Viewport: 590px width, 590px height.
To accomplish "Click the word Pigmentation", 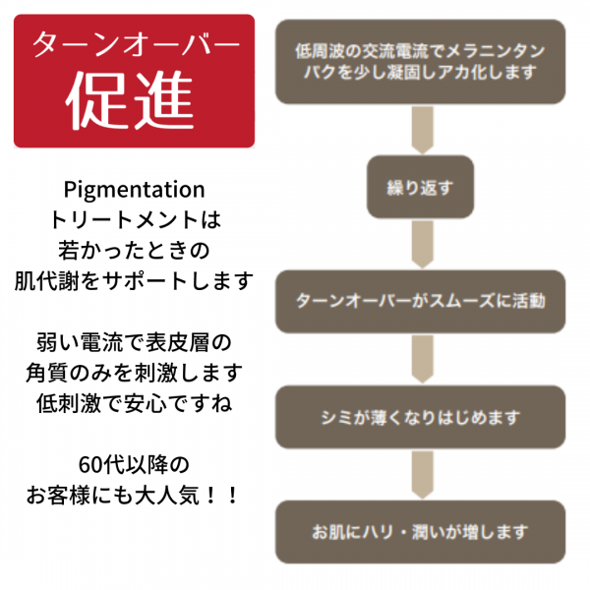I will pos(133,189).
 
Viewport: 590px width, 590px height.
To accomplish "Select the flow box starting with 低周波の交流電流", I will pos(420,62).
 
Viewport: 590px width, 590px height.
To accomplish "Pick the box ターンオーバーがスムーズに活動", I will pos(420,301).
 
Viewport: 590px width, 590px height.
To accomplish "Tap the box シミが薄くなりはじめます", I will pos(420,416).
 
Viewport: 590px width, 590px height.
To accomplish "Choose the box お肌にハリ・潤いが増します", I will pos(420,532).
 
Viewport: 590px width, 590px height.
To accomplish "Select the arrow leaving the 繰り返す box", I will pos(422,243).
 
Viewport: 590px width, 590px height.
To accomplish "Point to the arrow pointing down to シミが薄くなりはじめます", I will pos(422,358).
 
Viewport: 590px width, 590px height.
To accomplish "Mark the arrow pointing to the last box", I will pos(422,474).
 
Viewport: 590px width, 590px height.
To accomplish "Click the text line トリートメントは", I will pos(133,219).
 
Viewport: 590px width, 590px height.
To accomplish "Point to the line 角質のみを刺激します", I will pos(133,373).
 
